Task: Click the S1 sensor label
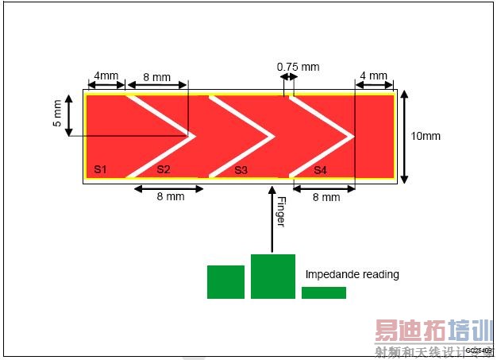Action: (100, 169)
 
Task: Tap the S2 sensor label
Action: (164, 169)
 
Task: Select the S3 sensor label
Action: (241, 170)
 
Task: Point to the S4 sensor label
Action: (319, 170)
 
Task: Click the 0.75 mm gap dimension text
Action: (298, 67)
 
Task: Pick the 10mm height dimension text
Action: (426, 136)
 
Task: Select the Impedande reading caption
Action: (352, 275)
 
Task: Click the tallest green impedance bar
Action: (272, 277)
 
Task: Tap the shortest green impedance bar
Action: (323, 292)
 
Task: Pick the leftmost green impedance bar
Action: (225, 282)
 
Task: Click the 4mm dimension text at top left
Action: (106, 76)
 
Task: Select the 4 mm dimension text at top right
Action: (373, 76)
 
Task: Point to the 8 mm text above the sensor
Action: (156, 77)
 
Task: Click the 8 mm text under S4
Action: (324, 197)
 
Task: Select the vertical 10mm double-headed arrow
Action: (406, 136)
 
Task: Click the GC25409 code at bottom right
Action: (479, 350)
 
